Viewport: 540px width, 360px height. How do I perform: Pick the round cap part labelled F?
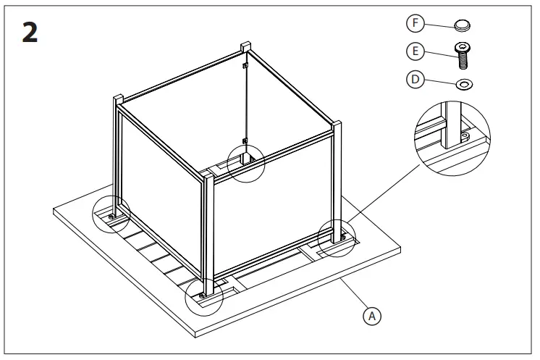(x=462, y=26)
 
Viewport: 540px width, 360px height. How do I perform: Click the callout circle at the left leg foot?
(x=112, y=214)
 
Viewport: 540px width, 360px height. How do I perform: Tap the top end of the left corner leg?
(x=119, y=99)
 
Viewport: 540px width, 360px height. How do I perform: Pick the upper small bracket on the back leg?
(x=246, y=67)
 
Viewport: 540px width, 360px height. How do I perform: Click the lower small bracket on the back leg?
(x=246, y=139)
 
